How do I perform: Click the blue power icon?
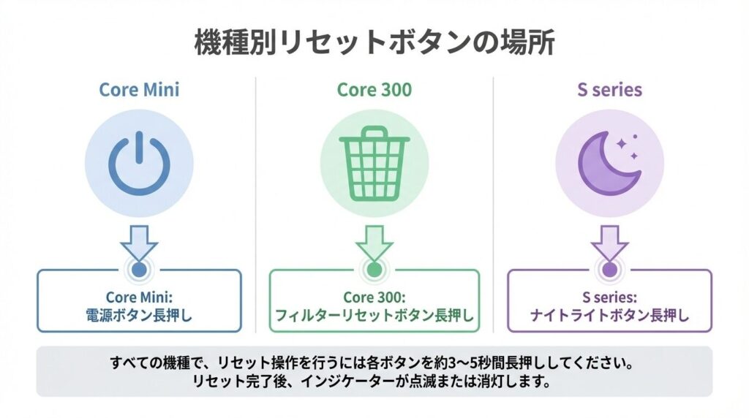139,162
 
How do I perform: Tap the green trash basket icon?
374,164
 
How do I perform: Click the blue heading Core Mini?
139,90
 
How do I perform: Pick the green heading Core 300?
374,90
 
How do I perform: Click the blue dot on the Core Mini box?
139,270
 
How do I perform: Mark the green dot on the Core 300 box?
374,270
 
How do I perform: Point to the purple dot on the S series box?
609,270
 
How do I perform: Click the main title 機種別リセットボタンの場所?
374,43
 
